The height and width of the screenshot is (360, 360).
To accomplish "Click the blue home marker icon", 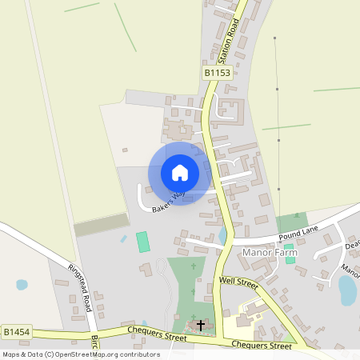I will [x=179, y=172].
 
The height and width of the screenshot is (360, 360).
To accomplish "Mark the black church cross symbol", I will [x=200, y=326].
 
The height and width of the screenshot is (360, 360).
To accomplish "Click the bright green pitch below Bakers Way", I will [x=143, y=242].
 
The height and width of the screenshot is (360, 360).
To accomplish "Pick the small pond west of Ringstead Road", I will [x=22, y=284].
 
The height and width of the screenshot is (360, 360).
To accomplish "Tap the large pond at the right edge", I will [x=348, y=290].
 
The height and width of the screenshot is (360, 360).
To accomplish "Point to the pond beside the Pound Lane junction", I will [x=222, y=235].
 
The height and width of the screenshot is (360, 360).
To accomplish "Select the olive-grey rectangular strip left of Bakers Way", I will [x=101, y=225].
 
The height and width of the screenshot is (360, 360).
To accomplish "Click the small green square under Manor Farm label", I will [x=290, y=259].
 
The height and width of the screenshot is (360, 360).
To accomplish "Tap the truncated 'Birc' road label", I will [x=94, y=342].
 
